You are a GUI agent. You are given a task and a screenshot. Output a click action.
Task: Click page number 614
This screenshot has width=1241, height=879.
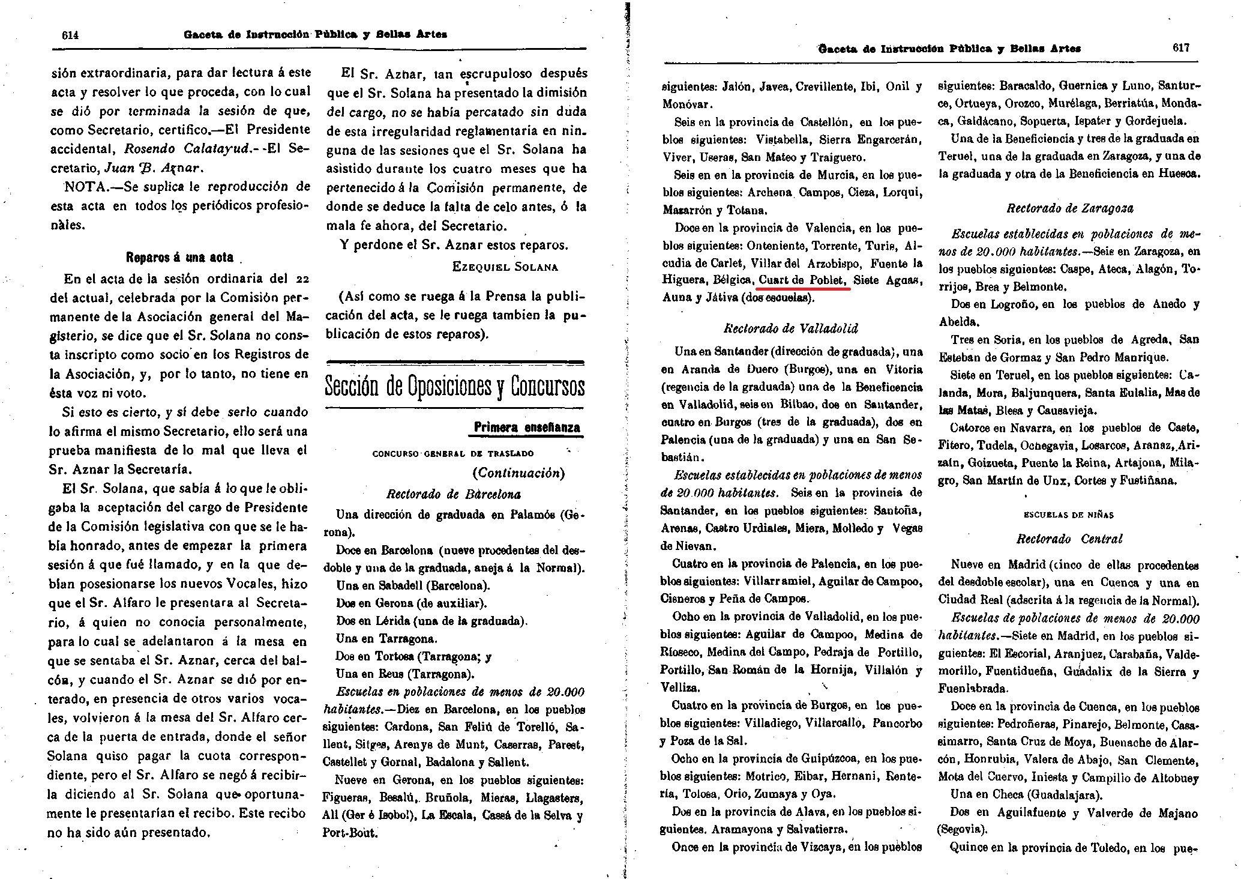pos(70,35)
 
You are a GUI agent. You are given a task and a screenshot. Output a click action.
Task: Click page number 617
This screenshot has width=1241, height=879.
pos(1180,48)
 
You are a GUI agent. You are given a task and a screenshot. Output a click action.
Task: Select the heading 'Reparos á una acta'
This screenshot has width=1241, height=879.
pos(179,257)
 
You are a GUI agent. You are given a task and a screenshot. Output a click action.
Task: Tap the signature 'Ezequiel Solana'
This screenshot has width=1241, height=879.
pos(505,267)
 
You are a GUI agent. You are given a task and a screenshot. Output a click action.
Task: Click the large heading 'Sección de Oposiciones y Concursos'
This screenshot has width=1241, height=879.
pos(454,386)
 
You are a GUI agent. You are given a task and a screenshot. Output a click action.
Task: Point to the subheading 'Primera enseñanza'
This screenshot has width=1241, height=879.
pos(527,427)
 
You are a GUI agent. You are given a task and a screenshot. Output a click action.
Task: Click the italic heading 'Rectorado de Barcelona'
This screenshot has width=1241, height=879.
pos(454,494)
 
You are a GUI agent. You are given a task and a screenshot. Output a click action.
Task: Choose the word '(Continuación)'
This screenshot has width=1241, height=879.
pos(518,473)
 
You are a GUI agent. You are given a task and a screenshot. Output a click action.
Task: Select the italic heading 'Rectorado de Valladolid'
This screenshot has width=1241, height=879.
pos(791,328)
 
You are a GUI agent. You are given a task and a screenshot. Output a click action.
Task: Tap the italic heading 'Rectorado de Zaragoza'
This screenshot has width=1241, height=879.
pos(1070,208)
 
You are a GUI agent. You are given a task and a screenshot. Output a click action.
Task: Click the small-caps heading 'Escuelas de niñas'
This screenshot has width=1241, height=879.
pos(1068,515)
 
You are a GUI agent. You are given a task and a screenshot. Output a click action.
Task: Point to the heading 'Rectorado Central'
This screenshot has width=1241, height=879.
pos(1069,539)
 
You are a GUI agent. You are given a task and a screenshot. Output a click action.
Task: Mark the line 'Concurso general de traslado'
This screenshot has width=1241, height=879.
pos(453,453)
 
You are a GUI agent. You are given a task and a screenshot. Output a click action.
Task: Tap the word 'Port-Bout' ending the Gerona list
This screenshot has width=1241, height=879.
pos(350,833)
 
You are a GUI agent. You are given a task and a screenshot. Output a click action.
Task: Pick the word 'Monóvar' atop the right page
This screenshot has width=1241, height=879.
pos(687,104)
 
